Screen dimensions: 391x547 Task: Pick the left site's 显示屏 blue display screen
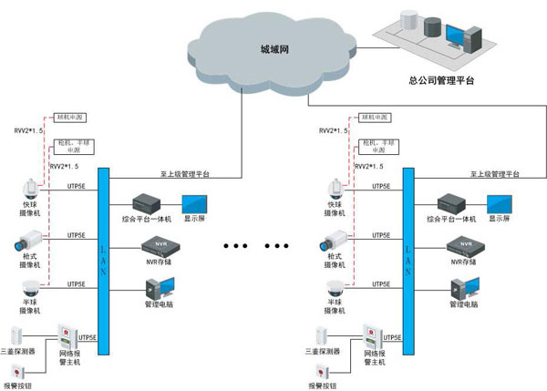pyautogui.click(x=194, y=203)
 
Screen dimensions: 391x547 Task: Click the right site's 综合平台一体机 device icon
pyautogui.click(x=452, y=202)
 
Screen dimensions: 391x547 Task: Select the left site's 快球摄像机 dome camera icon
pyautogui.click(x=30, y=189)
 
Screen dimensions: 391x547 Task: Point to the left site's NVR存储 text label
pyautogui.click(x=157, y=262)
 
